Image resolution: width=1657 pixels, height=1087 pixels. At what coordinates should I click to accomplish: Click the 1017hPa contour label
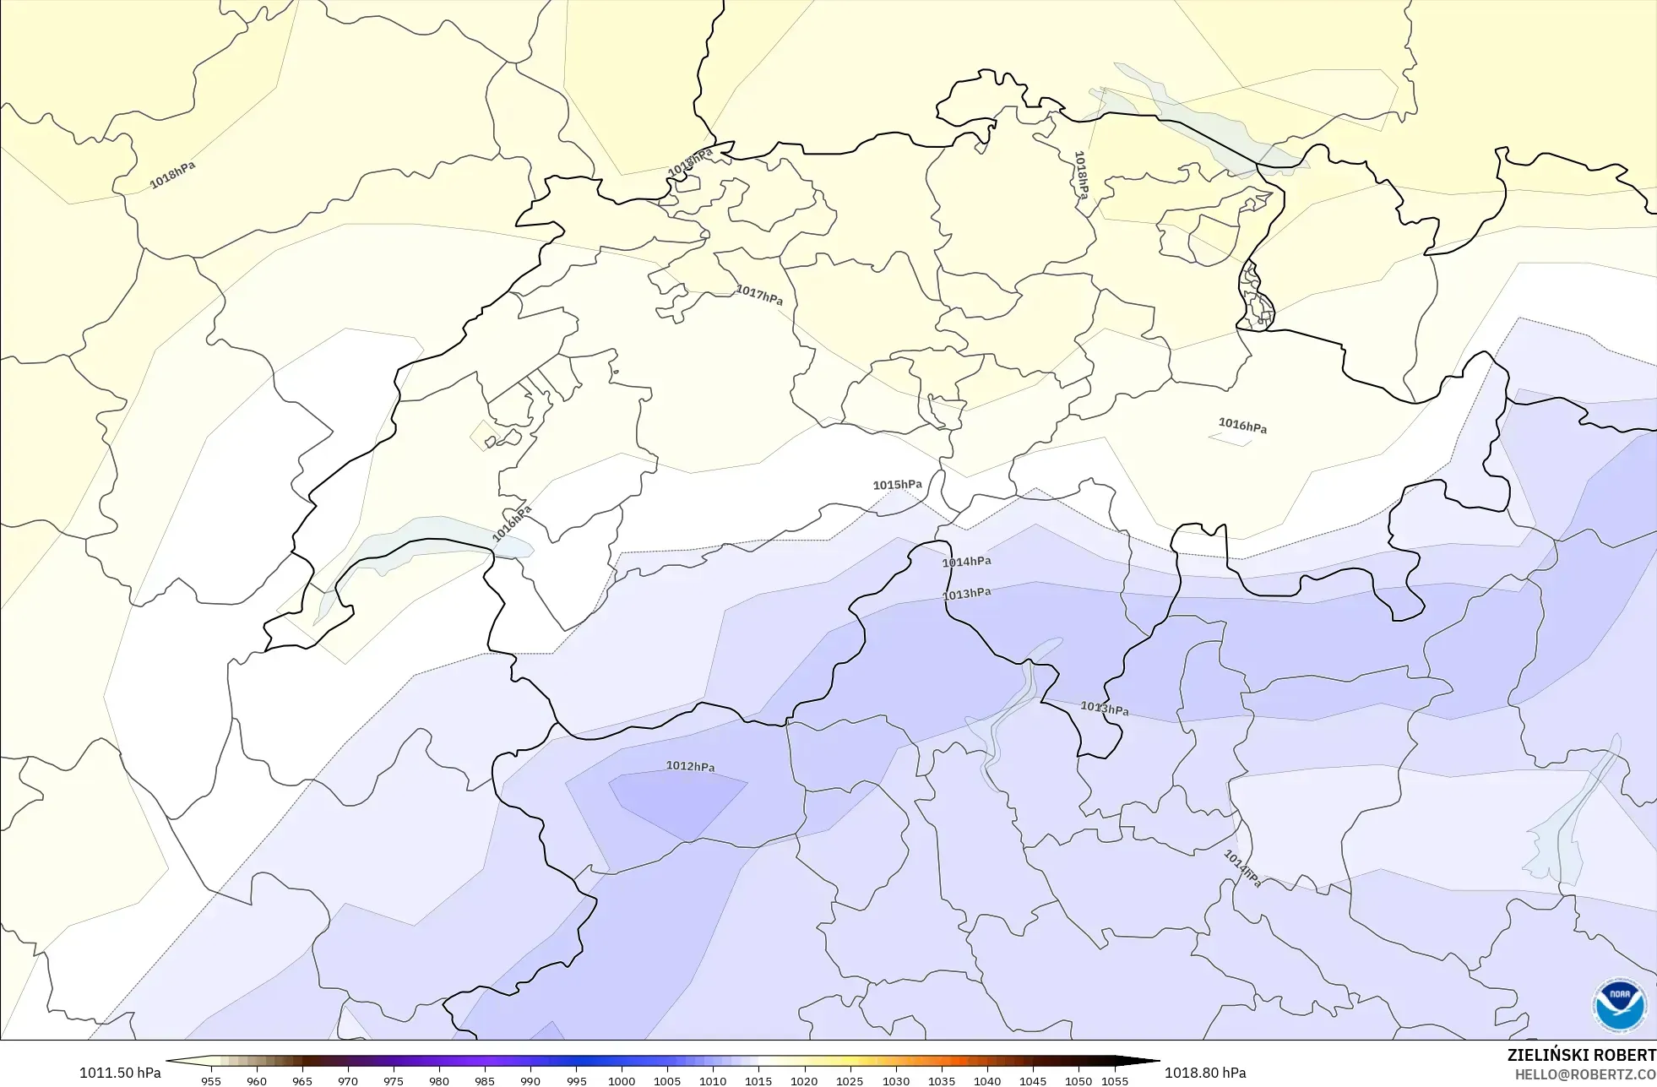(x=758, y=295)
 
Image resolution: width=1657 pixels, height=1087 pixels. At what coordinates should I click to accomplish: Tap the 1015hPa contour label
(x=897, y=485)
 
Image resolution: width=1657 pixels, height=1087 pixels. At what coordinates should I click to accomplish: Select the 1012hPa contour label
(x=690, y=766)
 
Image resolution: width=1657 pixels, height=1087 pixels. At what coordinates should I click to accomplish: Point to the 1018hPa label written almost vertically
(x=1081, y=175)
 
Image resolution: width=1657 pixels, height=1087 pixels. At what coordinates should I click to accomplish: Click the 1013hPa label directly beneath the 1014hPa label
(x=966, y=594)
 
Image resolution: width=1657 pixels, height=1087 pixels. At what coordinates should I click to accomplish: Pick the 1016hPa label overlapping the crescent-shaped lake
(x=512, y=524)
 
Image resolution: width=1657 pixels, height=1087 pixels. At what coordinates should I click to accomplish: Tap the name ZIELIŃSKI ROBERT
(x=1581, y=1055)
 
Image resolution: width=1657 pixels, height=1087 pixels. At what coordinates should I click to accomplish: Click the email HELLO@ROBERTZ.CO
(x=1584, y=1074)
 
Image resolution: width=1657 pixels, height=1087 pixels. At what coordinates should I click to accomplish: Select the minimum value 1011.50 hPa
(x=120, y=1073)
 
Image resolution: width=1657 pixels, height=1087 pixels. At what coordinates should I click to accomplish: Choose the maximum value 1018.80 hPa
(x=1205, y=1073)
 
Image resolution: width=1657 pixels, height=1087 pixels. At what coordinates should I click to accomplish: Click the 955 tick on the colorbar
(x=211, y=1080)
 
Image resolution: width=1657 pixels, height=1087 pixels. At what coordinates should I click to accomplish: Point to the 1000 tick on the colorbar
(x=622, y=1080)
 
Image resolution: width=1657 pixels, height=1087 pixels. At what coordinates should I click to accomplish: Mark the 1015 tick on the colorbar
(x=758, y=1080)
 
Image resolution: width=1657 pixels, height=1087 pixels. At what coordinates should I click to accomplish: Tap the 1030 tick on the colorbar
(x=896, y=1080)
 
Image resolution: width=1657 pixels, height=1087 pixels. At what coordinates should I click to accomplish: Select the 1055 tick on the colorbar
(x=1115, y=1080)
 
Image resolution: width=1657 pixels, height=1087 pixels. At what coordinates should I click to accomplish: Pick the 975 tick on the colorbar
(x=394, y=1080)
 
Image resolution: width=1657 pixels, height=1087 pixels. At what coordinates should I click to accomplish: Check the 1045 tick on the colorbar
(x=1033, y=1080)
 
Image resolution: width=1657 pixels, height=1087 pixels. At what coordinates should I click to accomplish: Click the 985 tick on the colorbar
(x=485, y=1080)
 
